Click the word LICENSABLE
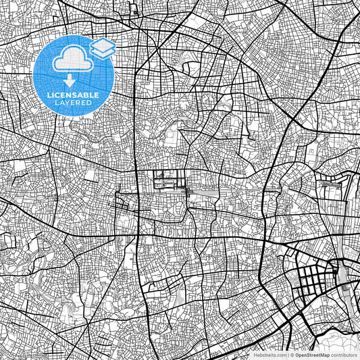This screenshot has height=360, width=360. [74, 95]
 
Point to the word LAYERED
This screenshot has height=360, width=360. [74, 103]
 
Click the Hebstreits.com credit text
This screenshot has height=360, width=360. [268, 354]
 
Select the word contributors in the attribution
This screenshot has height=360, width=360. [342, 354]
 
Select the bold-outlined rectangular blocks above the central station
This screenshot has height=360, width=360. [169, 180]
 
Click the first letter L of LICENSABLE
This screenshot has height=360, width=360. [49, 95]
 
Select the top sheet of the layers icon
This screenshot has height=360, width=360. [102, 44]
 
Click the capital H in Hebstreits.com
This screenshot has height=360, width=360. [254, 354]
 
